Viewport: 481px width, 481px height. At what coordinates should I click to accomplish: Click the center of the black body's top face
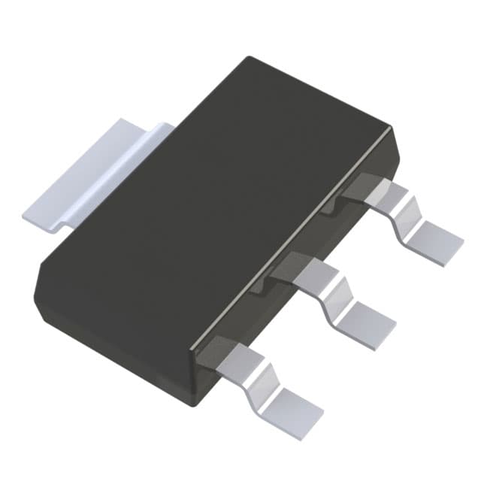214,203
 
